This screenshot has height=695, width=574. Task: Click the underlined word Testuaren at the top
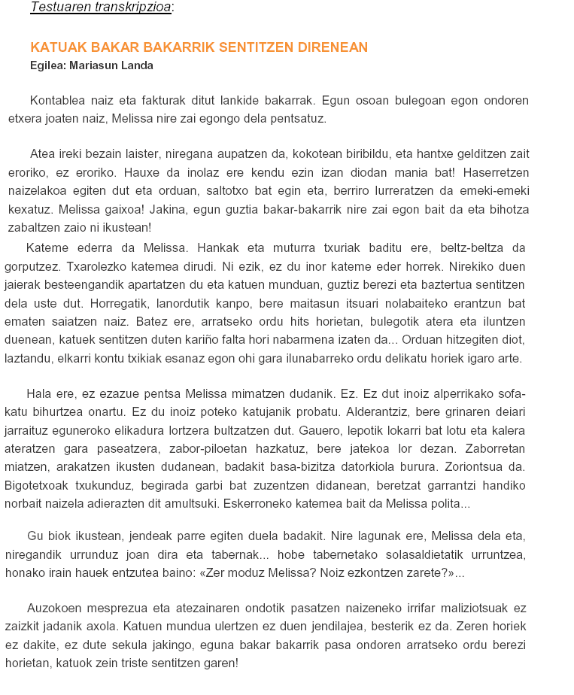[x=59, y=8]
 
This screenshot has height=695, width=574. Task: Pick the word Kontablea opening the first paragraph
[x=58, y=100]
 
